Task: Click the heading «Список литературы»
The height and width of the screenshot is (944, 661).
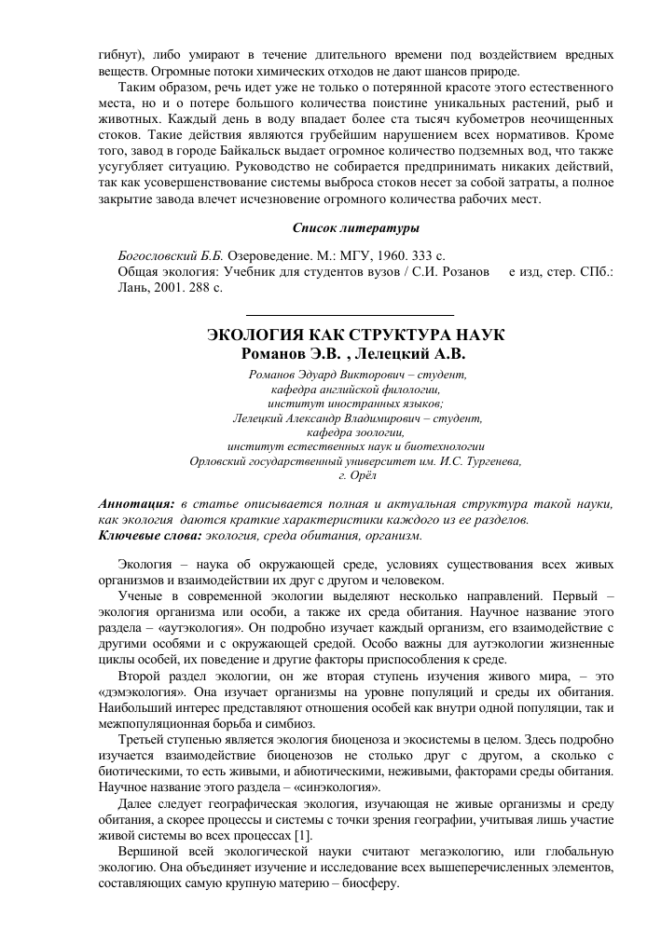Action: [x=355, y=227]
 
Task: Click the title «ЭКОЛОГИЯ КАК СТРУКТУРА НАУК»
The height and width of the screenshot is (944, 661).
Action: [x=355, y=335]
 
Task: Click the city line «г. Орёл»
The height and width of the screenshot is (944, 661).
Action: [x=355, y=474]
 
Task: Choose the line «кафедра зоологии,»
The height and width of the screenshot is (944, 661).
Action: [x=355, y=432]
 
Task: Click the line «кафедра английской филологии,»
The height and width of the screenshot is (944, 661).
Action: [x=355, y=389]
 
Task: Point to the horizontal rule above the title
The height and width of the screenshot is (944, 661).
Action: [x=349, y=314]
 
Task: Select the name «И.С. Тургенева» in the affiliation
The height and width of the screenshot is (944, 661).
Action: [x=476, y=460]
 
